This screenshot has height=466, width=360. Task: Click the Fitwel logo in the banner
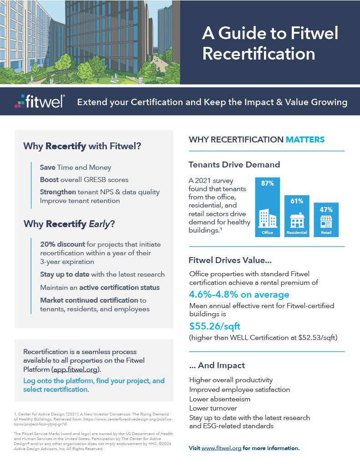(39, 101)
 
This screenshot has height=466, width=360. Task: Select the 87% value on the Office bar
(267, 184)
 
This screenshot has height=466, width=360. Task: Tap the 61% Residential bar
(297, 216)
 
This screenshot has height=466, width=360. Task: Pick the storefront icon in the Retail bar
(326, 223)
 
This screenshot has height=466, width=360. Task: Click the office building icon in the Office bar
(267, 218)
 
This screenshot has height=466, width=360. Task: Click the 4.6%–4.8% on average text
(239, 294)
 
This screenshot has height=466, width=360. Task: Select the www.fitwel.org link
(221, 448)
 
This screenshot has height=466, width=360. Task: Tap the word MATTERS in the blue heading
(305, 139)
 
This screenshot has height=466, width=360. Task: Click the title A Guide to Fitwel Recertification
(270, 44)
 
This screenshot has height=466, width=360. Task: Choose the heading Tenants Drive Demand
(234, 164)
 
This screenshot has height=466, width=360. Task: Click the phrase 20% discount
(63, 244)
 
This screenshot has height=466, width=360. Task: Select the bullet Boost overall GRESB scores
(84, 179)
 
